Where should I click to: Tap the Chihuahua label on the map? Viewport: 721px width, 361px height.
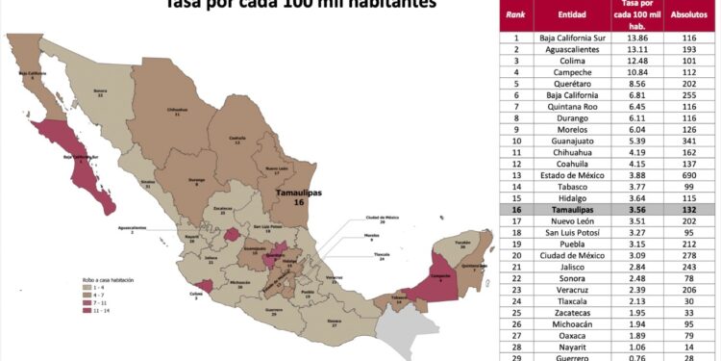click(x=176, y=111)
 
